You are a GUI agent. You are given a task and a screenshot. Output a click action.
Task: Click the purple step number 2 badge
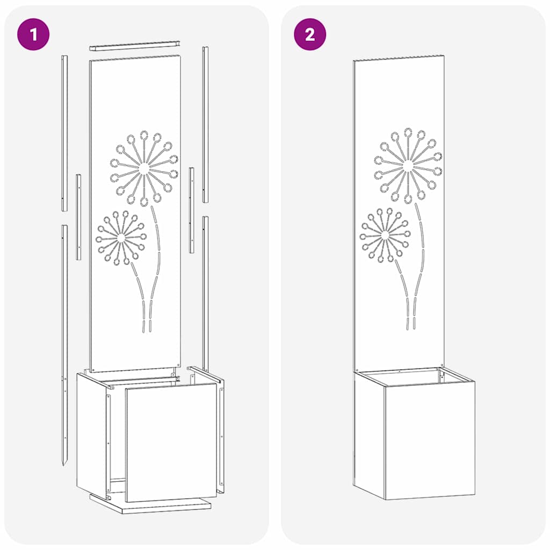(x=310, y=35)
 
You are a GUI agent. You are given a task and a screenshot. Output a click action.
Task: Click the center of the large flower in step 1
(x=144, y=168)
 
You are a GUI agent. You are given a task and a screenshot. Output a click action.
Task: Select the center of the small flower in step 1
(x=121, y=237)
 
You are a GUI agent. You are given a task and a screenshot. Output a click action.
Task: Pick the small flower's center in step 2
(x=385, y=235)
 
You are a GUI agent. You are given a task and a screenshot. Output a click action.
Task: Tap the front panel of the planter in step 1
(x=171, y=442)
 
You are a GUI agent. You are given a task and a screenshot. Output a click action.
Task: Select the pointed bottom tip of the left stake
(x=64, y=462)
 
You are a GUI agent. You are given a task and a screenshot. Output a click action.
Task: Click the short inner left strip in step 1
(x=78, y=216)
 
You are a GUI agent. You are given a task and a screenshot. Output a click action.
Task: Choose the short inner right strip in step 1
(x=192, y=210)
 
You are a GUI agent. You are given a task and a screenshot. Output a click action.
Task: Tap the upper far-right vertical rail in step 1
(x=205, y=124)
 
